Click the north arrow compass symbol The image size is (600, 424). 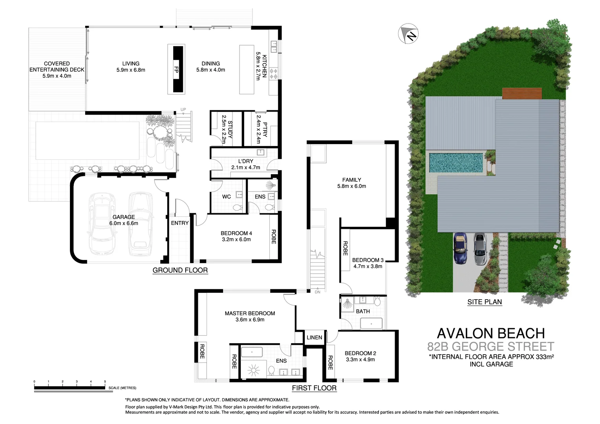pyautogui.click(x=408, y=34)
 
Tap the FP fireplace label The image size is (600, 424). pyautogui.click(x=176, y=69)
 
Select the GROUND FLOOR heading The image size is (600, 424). pyautogui.click(x=180, y=270)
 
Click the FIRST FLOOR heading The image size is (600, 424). pyautogui.click(x=314, y=388)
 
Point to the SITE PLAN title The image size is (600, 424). pyautogui.click(x=485, y=302)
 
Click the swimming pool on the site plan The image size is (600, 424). pyautogui.click(x=455, y=162)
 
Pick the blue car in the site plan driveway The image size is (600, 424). pyautogui.click(x=460, y=249)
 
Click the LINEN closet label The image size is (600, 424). pyautogui.click(x=314, y=338)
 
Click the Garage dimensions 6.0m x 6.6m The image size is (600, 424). pyautogui.click(x=124, y=223)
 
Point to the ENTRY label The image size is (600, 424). pyautogui.click(x=180, y=223)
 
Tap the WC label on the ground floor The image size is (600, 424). pyautogui.click(x=227, y=197)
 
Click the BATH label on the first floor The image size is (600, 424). pyautogui.click(x=363, y=311)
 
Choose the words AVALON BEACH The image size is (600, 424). pyautogui.click(x=491, y=333)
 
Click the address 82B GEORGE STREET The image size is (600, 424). pyautogui.click(x=491, y=347)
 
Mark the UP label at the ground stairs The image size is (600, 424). pyautogui.click(x=183, y=110)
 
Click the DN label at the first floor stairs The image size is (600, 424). pyautogui.click(x=318, y=292)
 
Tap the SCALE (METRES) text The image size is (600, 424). pyautogui.click(x=123, y=388)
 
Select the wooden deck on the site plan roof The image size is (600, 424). pyautogui.click(x=522, y=93)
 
